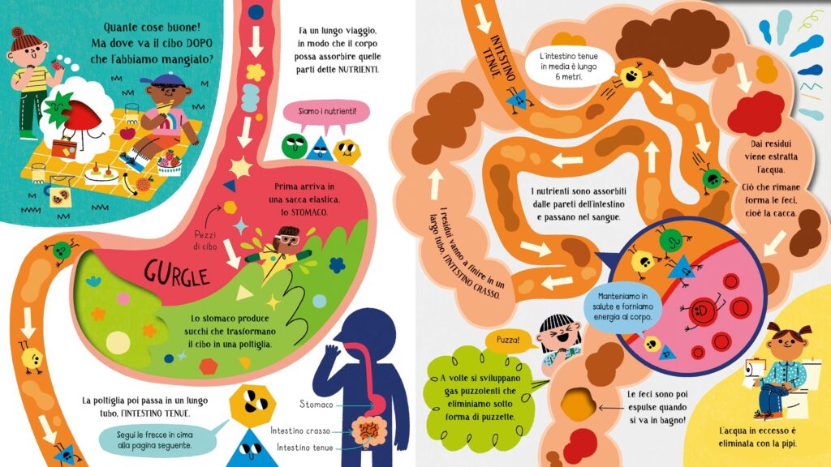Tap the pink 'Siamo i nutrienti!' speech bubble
tap(326, 114)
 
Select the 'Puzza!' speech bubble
tap(508, 341)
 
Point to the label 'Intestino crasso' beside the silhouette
tap(300, 431)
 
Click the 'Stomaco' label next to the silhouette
tap(316, 405)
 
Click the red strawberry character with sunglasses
tap(80, 117)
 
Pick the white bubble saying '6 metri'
tap(569, 66)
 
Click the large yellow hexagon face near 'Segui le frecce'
tap(252, 404)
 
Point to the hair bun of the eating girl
tap(17, 32)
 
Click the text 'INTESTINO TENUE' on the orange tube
tap(498, 58)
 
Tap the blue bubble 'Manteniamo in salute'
tap(622, 307)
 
